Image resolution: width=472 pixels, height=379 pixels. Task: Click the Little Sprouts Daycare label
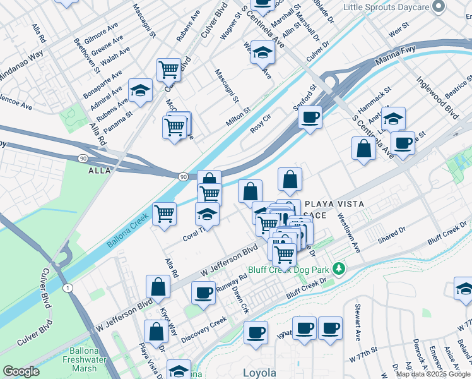click(386, 7)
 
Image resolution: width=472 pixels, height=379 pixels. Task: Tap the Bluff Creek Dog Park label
click(293, 269)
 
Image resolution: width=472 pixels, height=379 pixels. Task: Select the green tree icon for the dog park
click(339, 269)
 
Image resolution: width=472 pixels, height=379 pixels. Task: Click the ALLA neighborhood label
click(100, 171)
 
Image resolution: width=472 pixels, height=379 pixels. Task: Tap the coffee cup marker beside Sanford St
click(310, 117)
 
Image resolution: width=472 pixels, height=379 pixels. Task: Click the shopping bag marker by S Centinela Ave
click(363, 150)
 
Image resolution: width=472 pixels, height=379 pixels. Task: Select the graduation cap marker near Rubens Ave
click(140, 90)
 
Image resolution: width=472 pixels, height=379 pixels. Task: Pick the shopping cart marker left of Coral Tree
click(164, 214)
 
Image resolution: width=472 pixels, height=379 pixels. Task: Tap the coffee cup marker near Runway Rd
click(203, 293)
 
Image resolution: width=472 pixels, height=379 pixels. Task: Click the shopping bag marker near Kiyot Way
click(157, 286)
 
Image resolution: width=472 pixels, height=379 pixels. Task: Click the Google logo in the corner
click(21, 371)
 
